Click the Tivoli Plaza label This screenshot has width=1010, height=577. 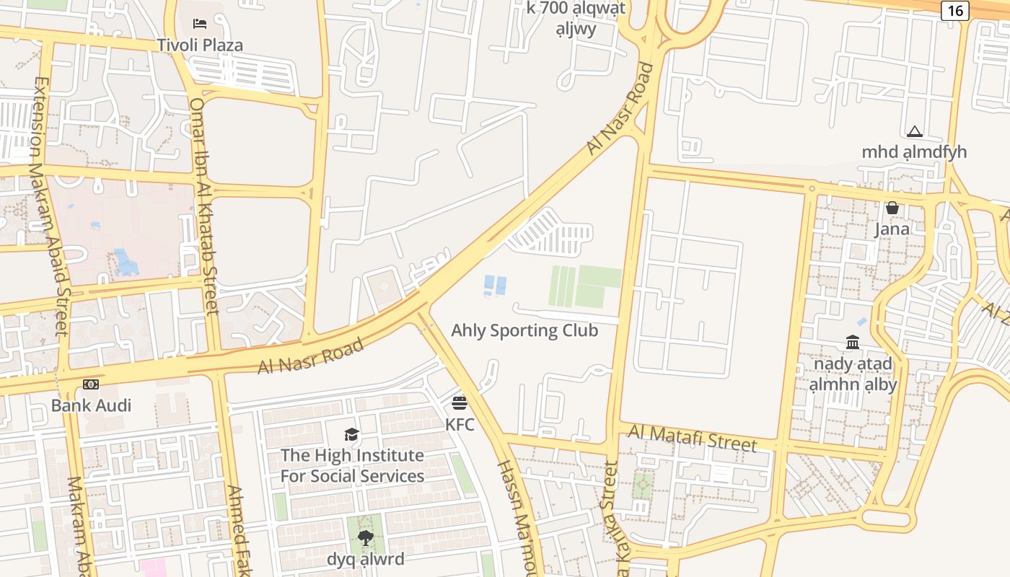click(200, 45)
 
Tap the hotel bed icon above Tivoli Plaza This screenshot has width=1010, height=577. click(200, 25)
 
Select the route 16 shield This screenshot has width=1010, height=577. click(954, 10)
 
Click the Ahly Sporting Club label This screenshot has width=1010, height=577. click(524, 330)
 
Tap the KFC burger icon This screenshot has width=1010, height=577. click(460, 402)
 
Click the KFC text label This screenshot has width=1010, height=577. click(460, 424)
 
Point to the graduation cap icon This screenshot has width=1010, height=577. click(351, 434)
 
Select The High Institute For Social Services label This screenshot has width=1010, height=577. click(352, 466)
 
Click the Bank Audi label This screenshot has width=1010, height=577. click(91, 405)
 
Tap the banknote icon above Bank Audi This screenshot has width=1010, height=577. click(91, 384)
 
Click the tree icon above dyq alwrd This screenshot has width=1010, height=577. click(366, 537)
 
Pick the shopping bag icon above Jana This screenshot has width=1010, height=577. click(892, 208)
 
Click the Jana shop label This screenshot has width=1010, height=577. click(892, 229)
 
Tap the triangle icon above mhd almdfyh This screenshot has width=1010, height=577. click(914, 131)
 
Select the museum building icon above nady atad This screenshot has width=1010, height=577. click(853, 342)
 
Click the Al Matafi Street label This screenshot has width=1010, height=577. click(692, 438)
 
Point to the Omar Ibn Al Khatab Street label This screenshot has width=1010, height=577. click(203, 206)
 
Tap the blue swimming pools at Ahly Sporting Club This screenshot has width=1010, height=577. click(495, 285)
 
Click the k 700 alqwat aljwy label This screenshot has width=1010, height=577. click(576, 18)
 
